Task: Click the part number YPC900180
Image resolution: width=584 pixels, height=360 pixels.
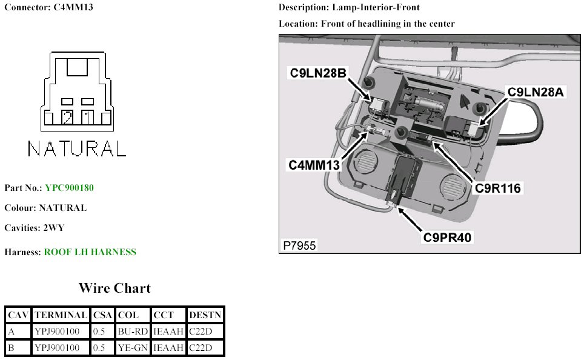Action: pos(69,188)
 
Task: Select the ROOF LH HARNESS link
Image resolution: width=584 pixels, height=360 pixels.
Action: pos(90,252)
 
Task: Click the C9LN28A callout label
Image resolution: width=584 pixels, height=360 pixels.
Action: pos(536,92)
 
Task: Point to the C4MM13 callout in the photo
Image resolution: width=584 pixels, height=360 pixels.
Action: pos(313,164)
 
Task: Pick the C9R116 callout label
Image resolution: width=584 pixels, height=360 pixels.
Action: pos(497,188)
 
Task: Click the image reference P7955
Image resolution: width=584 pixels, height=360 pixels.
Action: pos(299,246)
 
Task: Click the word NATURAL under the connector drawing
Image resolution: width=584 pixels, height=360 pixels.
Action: pos(77,148)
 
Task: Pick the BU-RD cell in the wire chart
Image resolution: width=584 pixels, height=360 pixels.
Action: pos(132,332)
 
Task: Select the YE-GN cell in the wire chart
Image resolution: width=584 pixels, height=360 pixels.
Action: pos(132,348)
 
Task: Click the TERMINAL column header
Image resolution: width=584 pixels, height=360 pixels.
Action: pos(61,315)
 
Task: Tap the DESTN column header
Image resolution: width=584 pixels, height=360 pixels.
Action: pos(205,315)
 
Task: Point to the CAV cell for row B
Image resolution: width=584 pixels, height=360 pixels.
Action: pos(18,348)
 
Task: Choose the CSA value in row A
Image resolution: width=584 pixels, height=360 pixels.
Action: pos(102,332)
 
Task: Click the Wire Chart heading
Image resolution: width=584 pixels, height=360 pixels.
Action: pos(114,288)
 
